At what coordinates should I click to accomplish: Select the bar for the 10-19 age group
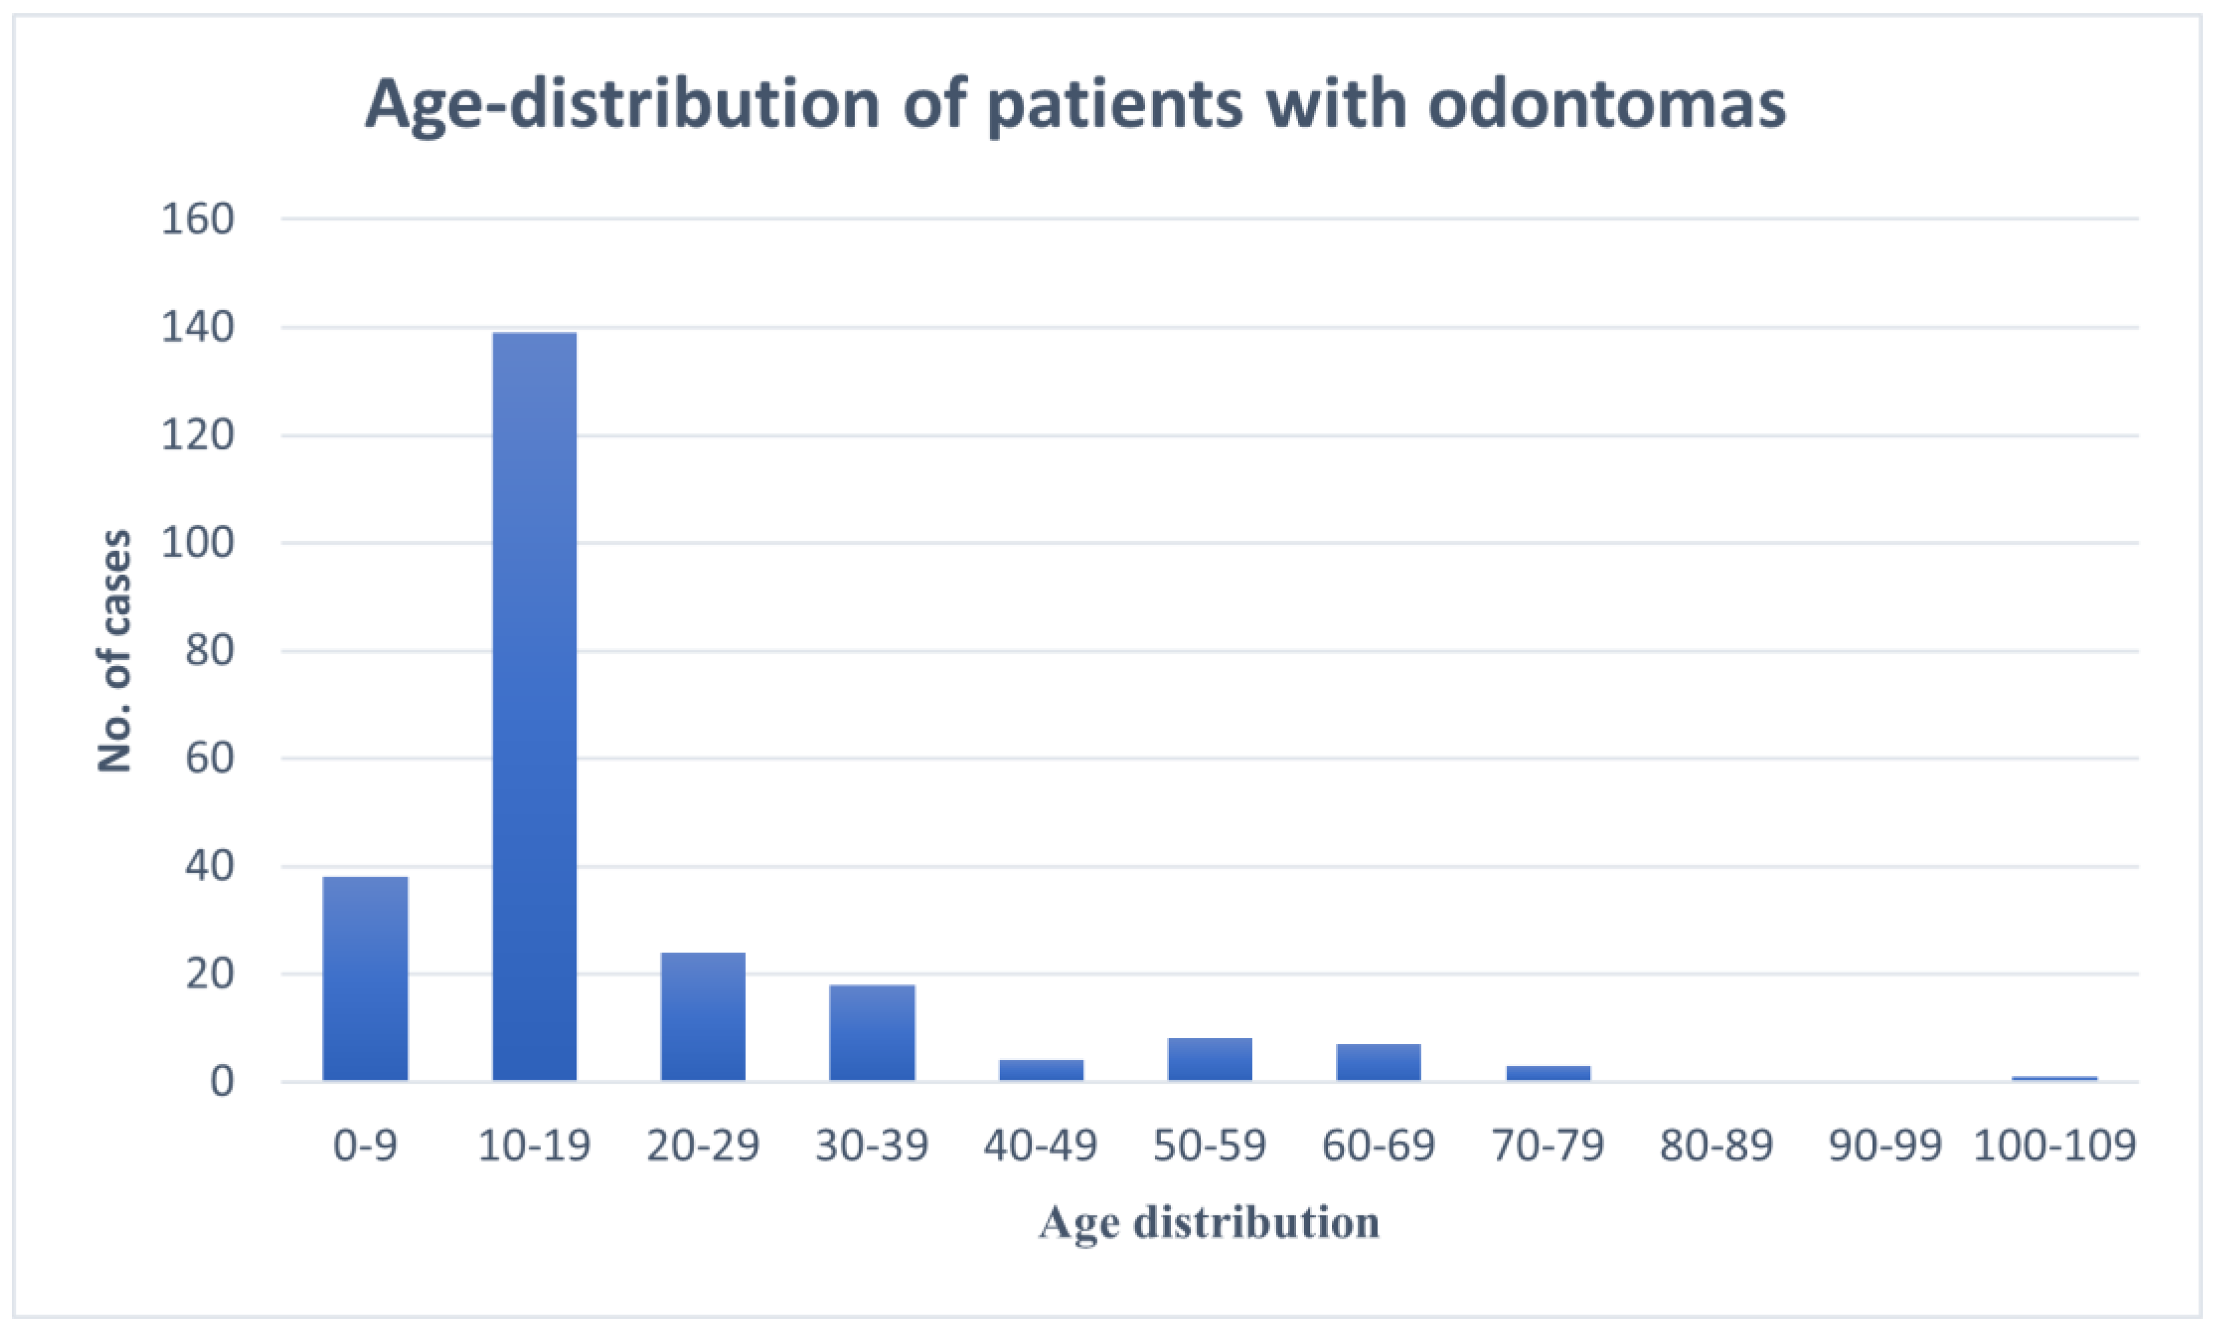534,706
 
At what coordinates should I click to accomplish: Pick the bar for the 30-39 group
872,1032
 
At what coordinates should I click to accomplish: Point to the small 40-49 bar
1041,1070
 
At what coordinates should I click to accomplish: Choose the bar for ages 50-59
1209,1059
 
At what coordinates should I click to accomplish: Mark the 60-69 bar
1378,1062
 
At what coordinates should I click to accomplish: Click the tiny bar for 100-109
2054,1078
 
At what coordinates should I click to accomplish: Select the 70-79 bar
1548,1072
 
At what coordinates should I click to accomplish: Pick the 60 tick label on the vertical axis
209,759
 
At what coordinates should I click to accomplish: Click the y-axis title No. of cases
114,651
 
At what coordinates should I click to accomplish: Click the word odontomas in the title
1605,105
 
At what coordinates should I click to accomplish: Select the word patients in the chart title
1114,105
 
